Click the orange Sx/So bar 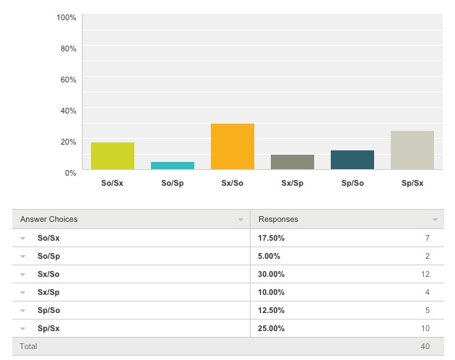[x=233, y=147]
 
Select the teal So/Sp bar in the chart [x=173, y=166]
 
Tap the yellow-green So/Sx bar [x=113, y=155]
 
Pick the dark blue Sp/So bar [x=352, y=160]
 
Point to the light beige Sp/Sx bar [x=412, y=150]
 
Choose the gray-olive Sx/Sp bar [x=292, y=162]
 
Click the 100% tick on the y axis [x=66, y=18]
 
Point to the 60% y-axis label [x=68, y=80]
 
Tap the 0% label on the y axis [x=71, y=173]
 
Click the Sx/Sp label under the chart [x=292, y=183]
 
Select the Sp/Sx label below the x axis [x=412, y=183]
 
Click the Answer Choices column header [x=49, y=219]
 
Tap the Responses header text [x=278, y=219]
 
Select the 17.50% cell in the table [x=272, y=238]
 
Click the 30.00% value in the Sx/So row [x=272, y=274]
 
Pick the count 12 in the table [x=425, y=274]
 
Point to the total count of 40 [x=425, y=346]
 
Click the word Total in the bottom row [x=28, y=346]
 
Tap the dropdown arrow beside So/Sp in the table [x=22, y=257]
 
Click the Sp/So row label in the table [x=49, y=310]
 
